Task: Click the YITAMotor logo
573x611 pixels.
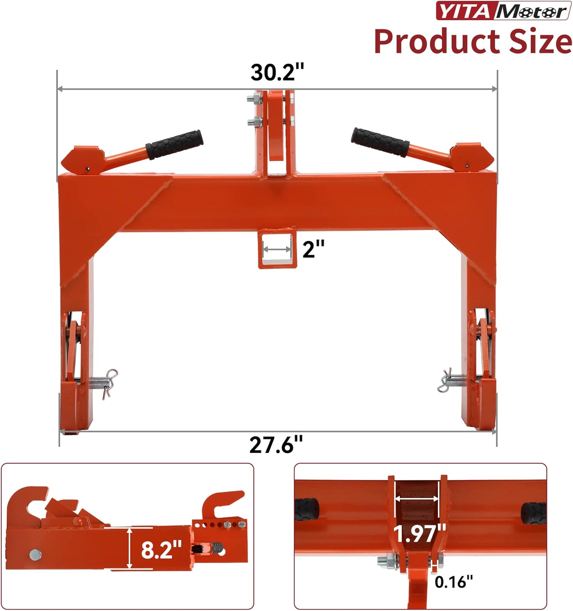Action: click(x=503, y=11)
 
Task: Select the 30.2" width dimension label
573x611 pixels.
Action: click(x=277, y=72)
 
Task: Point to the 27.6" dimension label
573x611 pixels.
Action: click(x=276, y=444)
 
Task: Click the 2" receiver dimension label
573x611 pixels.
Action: click(x=313, y=248)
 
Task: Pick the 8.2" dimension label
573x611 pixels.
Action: click(x=161, y=549)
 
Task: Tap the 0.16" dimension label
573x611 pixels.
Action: click(x=454, y=582)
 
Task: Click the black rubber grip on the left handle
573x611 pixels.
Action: click(x=175, y=144)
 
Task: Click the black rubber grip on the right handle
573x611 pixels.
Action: click(x=380, y=142)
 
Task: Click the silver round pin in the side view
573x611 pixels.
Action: click(x=35, y=554)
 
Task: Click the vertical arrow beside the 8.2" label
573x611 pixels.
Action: click(x=130, y=547)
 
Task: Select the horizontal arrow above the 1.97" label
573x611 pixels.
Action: click(x=417, y=498)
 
